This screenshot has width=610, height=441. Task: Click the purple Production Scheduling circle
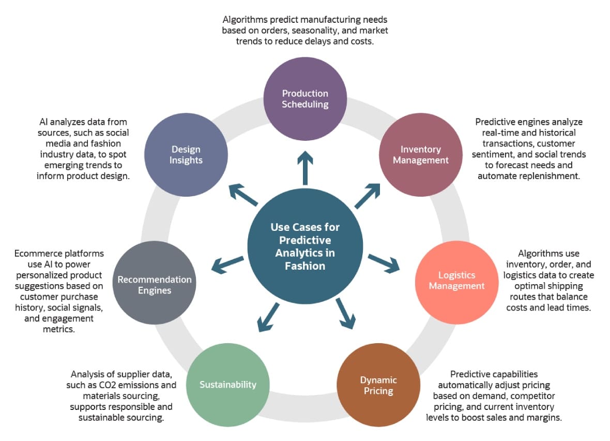click(305, 98)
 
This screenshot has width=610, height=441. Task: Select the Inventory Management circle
click(420, 154)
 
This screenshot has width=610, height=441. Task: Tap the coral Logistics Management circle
click(456, 280)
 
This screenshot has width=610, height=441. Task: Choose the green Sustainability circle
click(228, 385)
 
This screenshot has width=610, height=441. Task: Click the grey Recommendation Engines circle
click(154, 285)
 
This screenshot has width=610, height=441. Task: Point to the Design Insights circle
click(186, 154)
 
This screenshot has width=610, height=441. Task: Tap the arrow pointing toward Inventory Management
click(369, 195)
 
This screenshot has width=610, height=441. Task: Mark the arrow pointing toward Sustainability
click(268, 315)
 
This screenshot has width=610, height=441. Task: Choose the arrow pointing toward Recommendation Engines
click(227, 263)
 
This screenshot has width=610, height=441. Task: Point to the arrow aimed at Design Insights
click(242, 195)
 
